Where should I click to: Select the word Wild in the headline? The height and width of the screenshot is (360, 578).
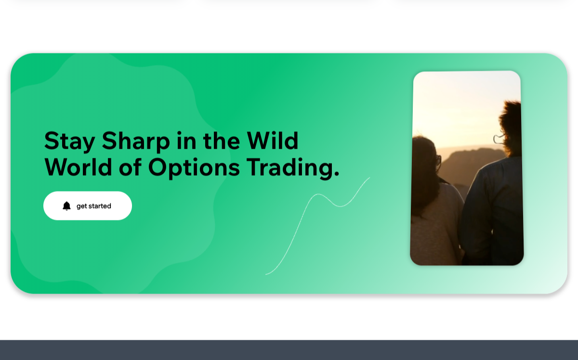[273, 141]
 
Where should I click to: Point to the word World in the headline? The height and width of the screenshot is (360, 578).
[78, 167]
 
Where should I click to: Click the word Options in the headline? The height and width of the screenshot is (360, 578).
[194, 168]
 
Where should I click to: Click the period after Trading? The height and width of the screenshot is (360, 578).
[336, 174]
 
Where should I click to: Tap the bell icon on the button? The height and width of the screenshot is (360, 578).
[66, 206]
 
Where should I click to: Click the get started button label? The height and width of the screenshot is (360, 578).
[93, 206]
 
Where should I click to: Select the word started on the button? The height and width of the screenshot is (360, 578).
[100, 206]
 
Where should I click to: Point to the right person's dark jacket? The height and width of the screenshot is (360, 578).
[493, 211]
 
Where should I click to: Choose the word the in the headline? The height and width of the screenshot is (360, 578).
[222, 141]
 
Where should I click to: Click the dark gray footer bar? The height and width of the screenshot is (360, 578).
[289, 350]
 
